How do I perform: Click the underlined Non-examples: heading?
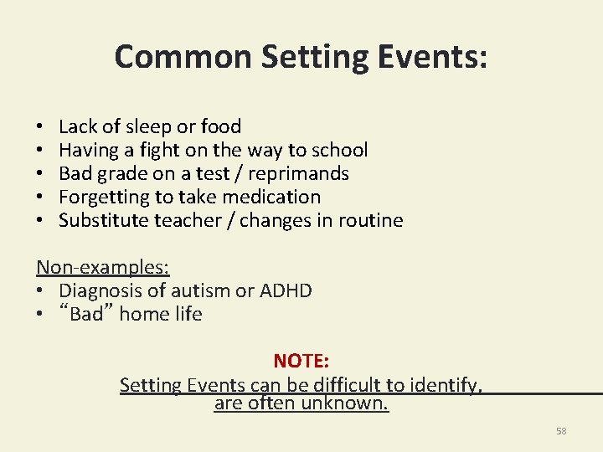(x=102, y=268)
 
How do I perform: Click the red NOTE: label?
(x=301, y=361)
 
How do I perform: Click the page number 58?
(x=561, y=431)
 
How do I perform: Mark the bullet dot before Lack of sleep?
(x=40, y=127)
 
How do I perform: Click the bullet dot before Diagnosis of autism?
(x=40, y=291)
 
